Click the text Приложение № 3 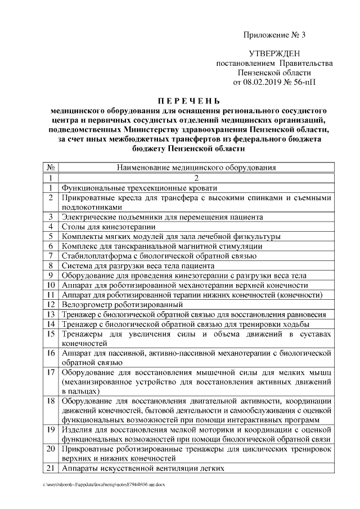(x=274, y=35)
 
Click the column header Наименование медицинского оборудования (x=196, y=167)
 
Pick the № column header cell (x=51, y=167)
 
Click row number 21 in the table (x=51, y=469)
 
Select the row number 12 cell (x=51, y=304)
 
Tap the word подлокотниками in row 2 (x=92, y=207)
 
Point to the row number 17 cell (x=51, y=372)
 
